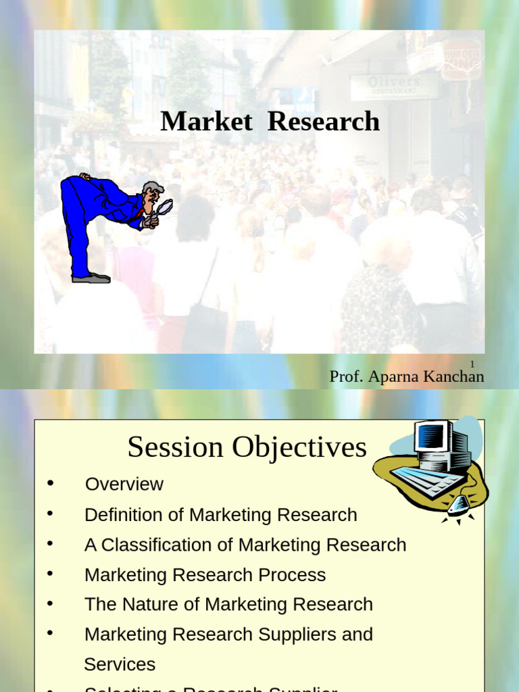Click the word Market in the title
[x=206, y=122]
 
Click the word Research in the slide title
[x=324, y=122]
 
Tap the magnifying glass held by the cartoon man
[x=164, y=207]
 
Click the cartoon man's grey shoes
[x=92, y=277]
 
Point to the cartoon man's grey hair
[x=153, y=187]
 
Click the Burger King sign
[x=461, y=59]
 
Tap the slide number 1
[x=472, y=364]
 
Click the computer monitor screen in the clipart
[x=430, y=437]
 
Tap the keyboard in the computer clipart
[x=426, y=482]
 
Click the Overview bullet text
[x=124, y=484]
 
